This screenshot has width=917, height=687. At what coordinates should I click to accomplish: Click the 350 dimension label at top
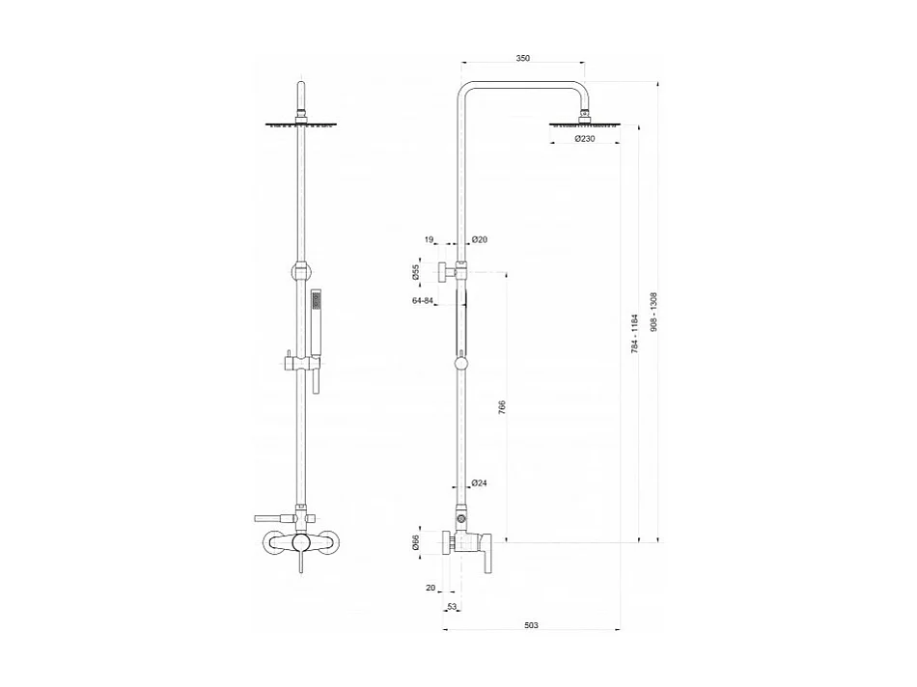pyautogui.click(x=522, y=58)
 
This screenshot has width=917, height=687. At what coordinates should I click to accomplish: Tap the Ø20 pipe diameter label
pyautogui.click(x=480, y=239)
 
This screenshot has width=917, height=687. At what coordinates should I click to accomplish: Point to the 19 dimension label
pyautogui.click(x=429, y=239)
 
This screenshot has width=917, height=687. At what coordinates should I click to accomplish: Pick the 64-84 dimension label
pyautogui.click(x=422, y=302)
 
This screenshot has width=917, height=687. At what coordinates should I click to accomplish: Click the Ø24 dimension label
pyautogui.click(x=480, y=483)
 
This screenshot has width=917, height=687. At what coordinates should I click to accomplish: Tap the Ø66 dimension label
pyautogui.click(x=416, y=545)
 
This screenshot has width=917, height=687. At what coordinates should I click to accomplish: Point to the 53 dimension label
pyautogui.click(x=452, y=607)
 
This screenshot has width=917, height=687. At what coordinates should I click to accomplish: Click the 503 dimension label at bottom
pyautogui.click(x=530, y=626)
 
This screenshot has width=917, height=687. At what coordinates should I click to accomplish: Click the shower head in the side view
pyautogui.click(x=585, y=124)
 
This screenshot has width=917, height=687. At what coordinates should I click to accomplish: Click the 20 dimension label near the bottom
pyautogui.click(x=431, y=587)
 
